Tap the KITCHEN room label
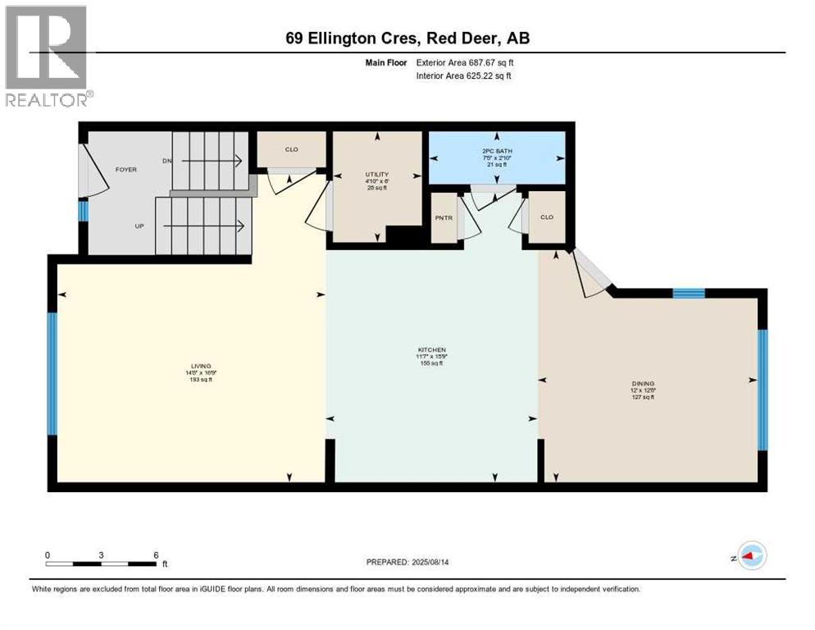431,350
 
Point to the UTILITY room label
376,175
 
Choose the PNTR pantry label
444,217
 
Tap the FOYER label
125,170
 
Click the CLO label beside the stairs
291,149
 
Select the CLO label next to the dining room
547,217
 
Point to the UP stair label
140,226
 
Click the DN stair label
167,161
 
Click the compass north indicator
752,555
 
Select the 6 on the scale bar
156,555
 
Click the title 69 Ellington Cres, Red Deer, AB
407,39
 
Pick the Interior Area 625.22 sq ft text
464,76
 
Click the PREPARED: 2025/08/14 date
407,562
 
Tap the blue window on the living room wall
52,373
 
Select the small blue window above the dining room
688,293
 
